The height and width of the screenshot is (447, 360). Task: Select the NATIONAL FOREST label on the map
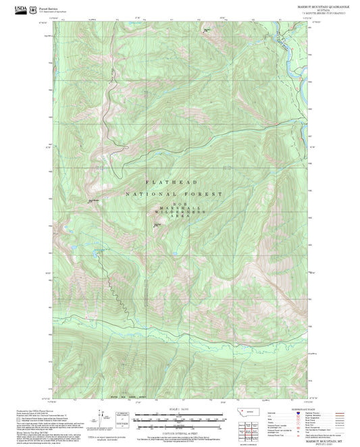[174, 194]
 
